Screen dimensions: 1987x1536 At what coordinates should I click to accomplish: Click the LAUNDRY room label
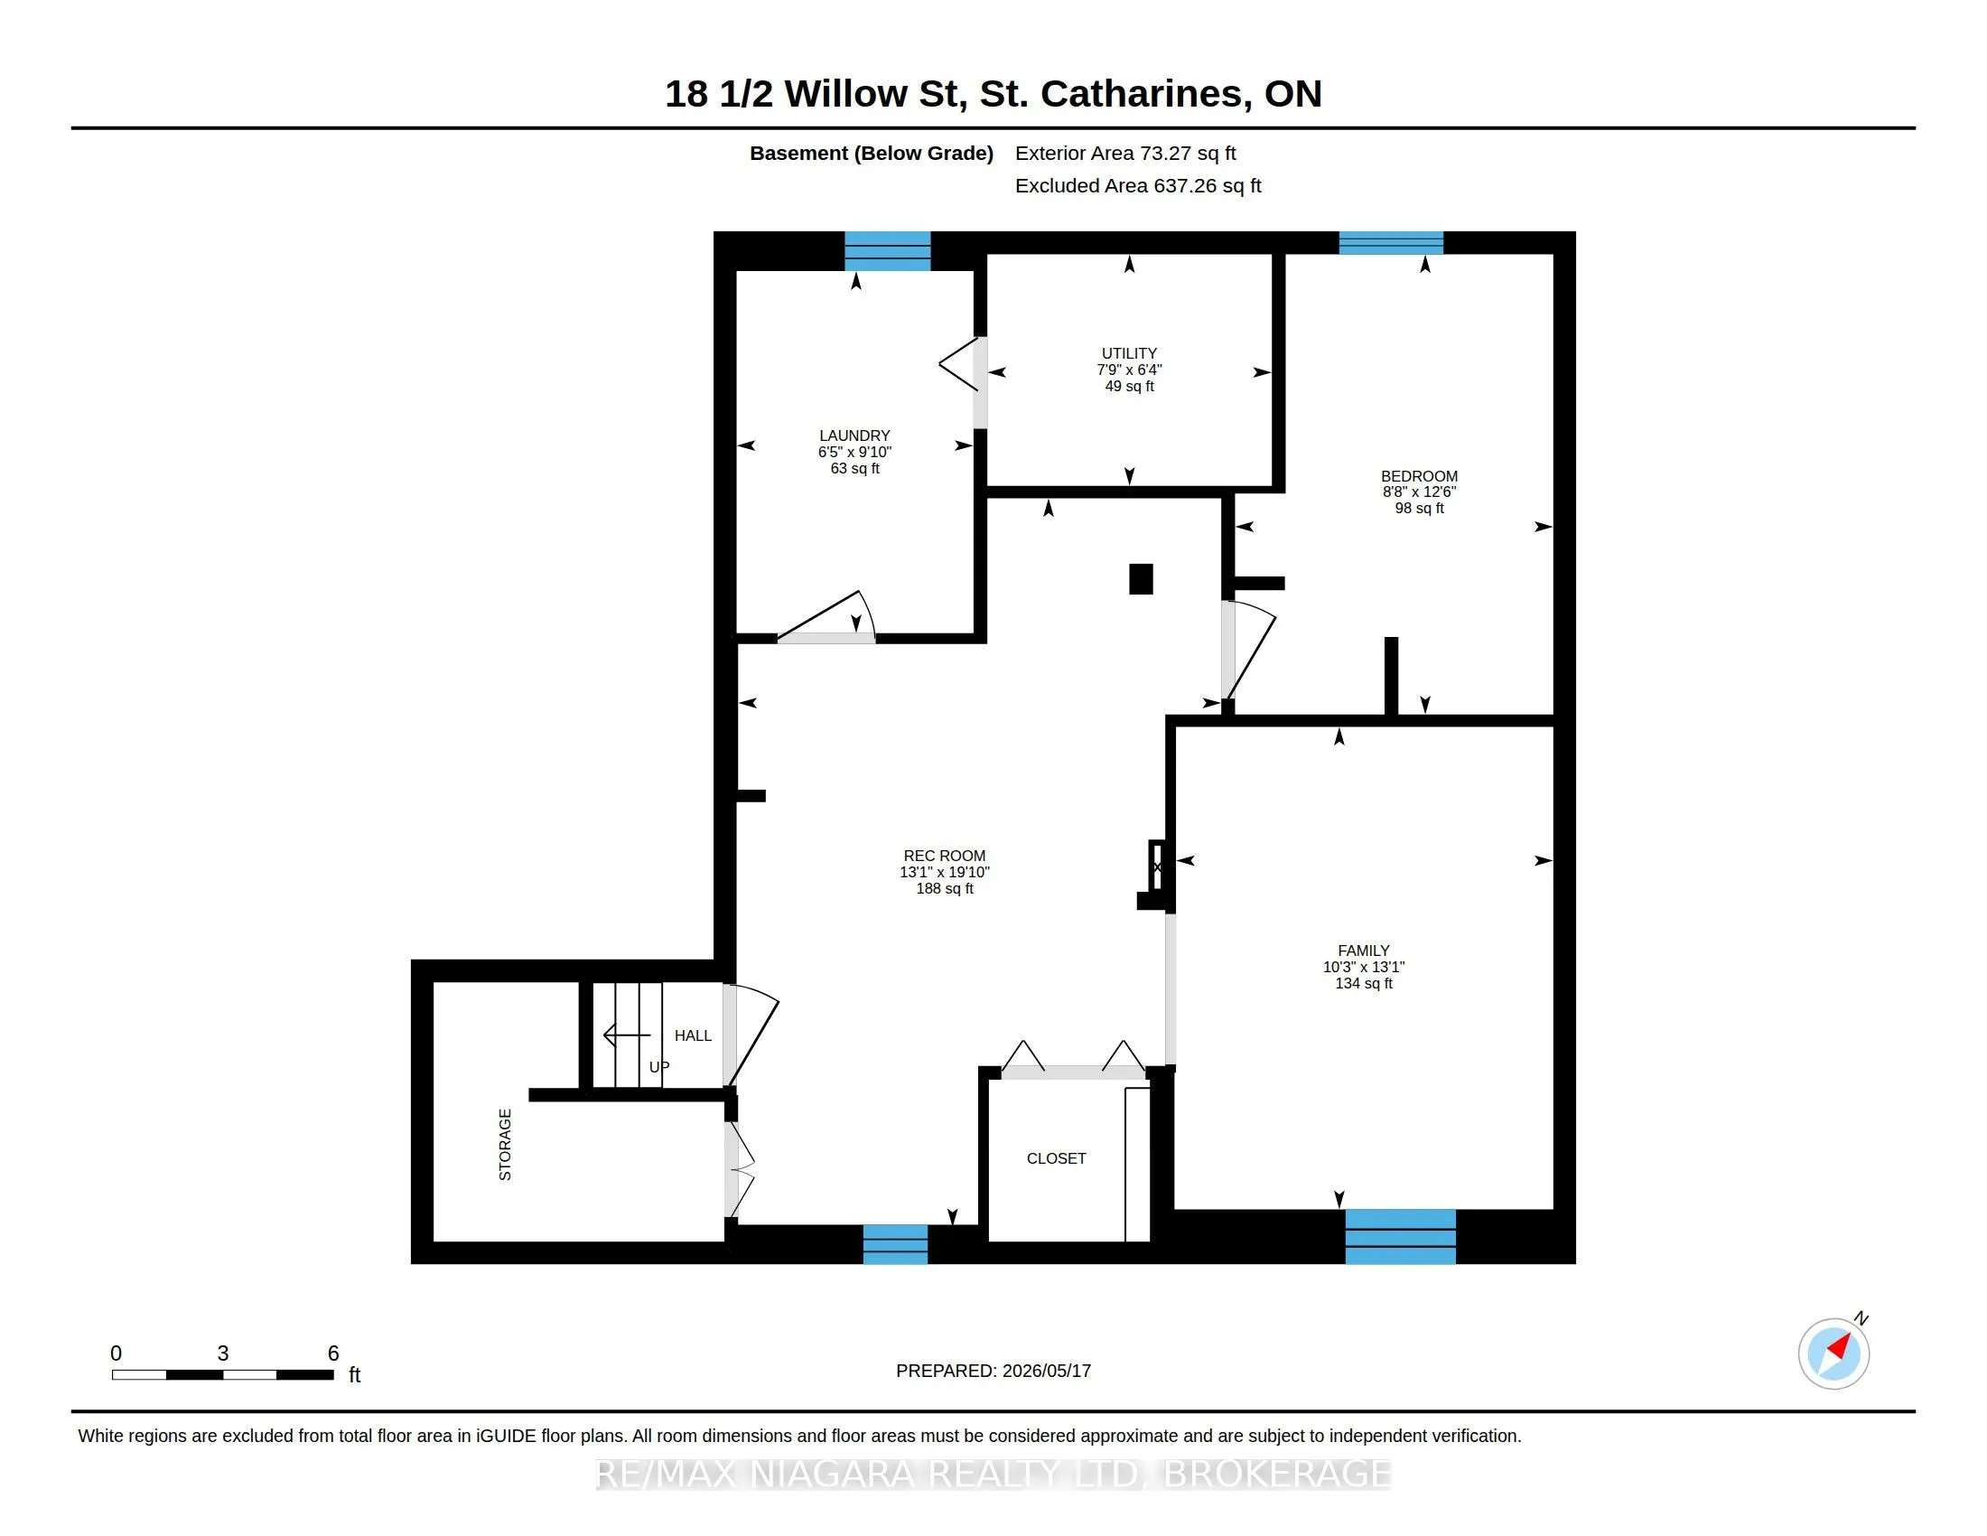tap(854, 436)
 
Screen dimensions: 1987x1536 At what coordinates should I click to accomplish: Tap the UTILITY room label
tap(1129, 353)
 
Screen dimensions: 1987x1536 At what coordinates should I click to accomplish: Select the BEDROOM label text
tap(1419, 476)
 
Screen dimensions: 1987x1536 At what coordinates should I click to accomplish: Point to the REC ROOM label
tap(945, 856)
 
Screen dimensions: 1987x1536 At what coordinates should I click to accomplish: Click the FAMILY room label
tap(1364, 950)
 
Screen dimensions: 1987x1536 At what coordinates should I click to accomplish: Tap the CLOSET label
tap(1057, 1158)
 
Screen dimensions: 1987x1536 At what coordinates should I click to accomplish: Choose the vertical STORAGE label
tap(505, 1145)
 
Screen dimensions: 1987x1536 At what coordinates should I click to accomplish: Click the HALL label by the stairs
tap(694, 1035)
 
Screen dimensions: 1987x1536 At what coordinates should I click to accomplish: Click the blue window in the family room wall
tap(1400, 1237)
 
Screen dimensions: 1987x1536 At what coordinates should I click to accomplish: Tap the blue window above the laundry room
tap(887, 251)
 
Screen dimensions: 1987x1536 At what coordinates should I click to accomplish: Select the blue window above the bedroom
tap(1391, 243)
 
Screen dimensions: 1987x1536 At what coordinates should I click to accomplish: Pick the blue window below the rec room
tap(895, 1244)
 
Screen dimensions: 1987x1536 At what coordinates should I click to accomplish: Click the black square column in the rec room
tap(1141, 579)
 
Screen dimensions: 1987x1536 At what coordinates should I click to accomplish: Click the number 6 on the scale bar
tap(333, 1353)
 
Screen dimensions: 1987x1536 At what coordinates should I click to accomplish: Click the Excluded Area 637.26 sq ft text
tap(1138, 185)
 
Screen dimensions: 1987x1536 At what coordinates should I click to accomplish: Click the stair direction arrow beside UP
tap(628, 1035)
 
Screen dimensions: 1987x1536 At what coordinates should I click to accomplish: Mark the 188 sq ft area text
tap(945, 888)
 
